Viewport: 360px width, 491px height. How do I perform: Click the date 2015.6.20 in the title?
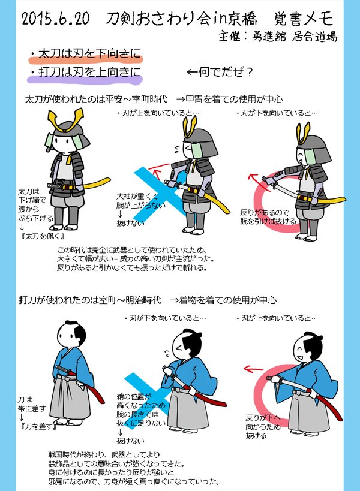tap(55, 19)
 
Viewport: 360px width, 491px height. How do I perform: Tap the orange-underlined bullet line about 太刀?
tap(86, 54)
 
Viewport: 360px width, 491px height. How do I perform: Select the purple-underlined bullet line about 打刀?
tap(86, 72)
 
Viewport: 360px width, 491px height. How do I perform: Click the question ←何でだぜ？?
tap(220, 73)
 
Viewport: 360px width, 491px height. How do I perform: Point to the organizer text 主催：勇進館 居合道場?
tap(278, 37)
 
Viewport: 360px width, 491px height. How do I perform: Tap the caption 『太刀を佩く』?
tap(43, 236)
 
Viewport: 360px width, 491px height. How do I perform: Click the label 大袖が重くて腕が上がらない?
tap(141, 201)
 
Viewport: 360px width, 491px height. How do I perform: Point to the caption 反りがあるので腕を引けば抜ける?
tap(268, 217)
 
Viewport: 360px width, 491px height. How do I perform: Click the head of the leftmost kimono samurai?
tap(71, 335)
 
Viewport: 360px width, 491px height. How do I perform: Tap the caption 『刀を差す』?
tap(38, 426)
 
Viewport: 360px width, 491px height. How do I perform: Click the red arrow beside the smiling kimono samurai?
tap(253, 369)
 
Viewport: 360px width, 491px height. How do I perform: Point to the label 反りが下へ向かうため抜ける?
tap(263, 426)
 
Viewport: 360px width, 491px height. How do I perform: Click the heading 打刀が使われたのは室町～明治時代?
tap(90, 300)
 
